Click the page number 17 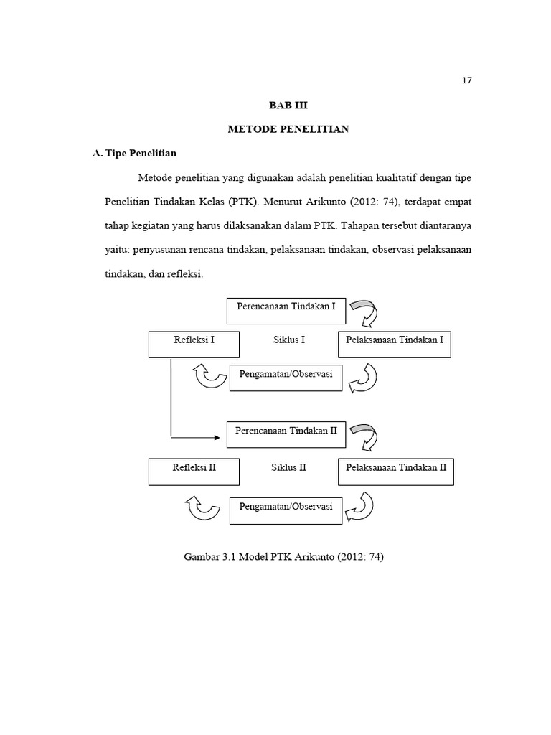[x=466, y=80]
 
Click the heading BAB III [x=287, y=105]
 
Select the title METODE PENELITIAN [x=288, y=129]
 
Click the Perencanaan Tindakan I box [x=286, y=311]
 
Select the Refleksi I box [x=194, y=344]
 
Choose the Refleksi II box [x=194, y=471]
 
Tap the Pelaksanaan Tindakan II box [x=395, y=471]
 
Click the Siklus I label [x=289, y=340]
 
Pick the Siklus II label [x=289, y=467]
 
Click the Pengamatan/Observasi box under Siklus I [x=286, y=378]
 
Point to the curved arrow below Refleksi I [x=209, y=375]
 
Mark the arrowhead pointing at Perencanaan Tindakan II [x=217, y=436]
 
